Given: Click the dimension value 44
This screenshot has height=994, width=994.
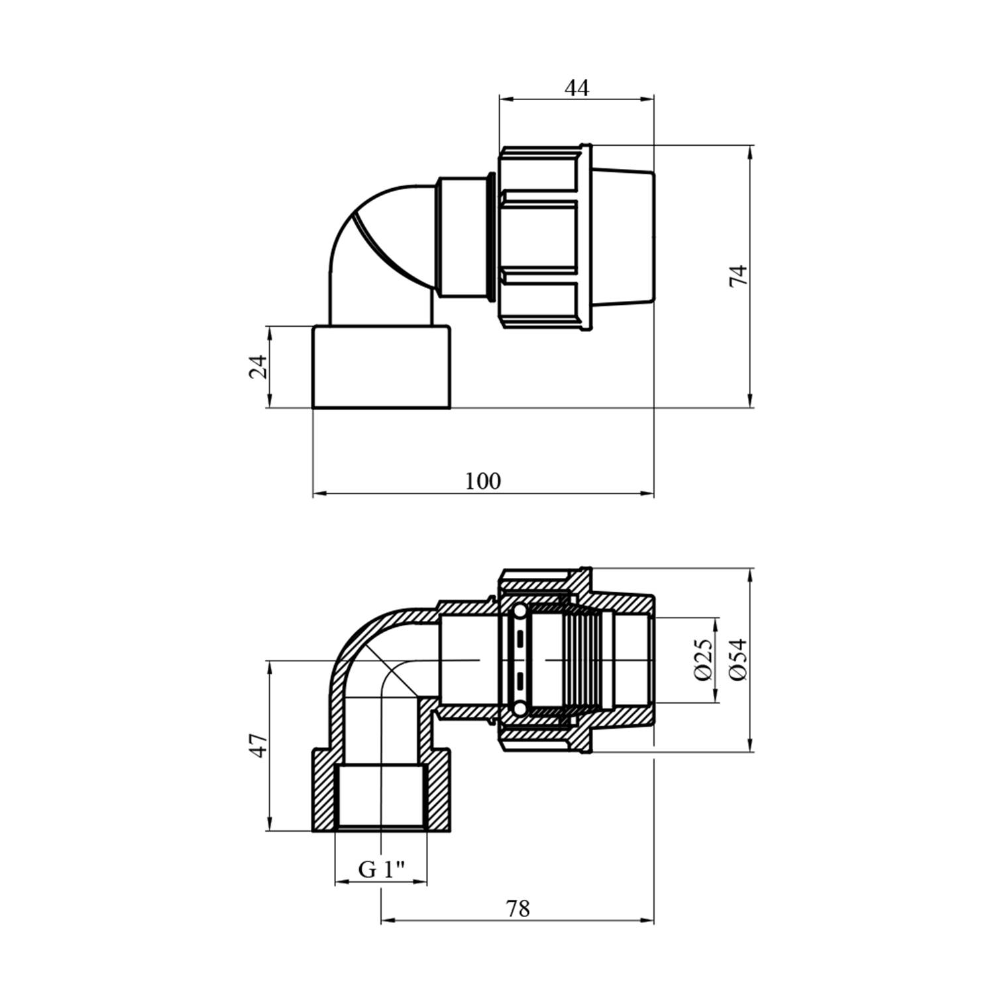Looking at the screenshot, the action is click(x=577, y=87).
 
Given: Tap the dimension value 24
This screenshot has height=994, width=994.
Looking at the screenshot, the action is click(x=258, y=366).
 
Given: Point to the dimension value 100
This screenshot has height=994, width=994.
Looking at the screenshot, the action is click(x=482, y=481).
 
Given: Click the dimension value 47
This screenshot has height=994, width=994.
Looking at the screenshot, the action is click(x=258, y=745).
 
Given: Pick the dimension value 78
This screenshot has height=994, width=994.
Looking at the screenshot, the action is click(x=518, y=909).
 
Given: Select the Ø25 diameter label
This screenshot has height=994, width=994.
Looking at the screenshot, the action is click(x=703, y=659).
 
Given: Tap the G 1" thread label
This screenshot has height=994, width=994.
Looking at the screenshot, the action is click(x=382, y=869).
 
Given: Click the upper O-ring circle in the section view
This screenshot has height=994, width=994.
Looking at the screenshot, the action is click(x=520, y=610).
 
